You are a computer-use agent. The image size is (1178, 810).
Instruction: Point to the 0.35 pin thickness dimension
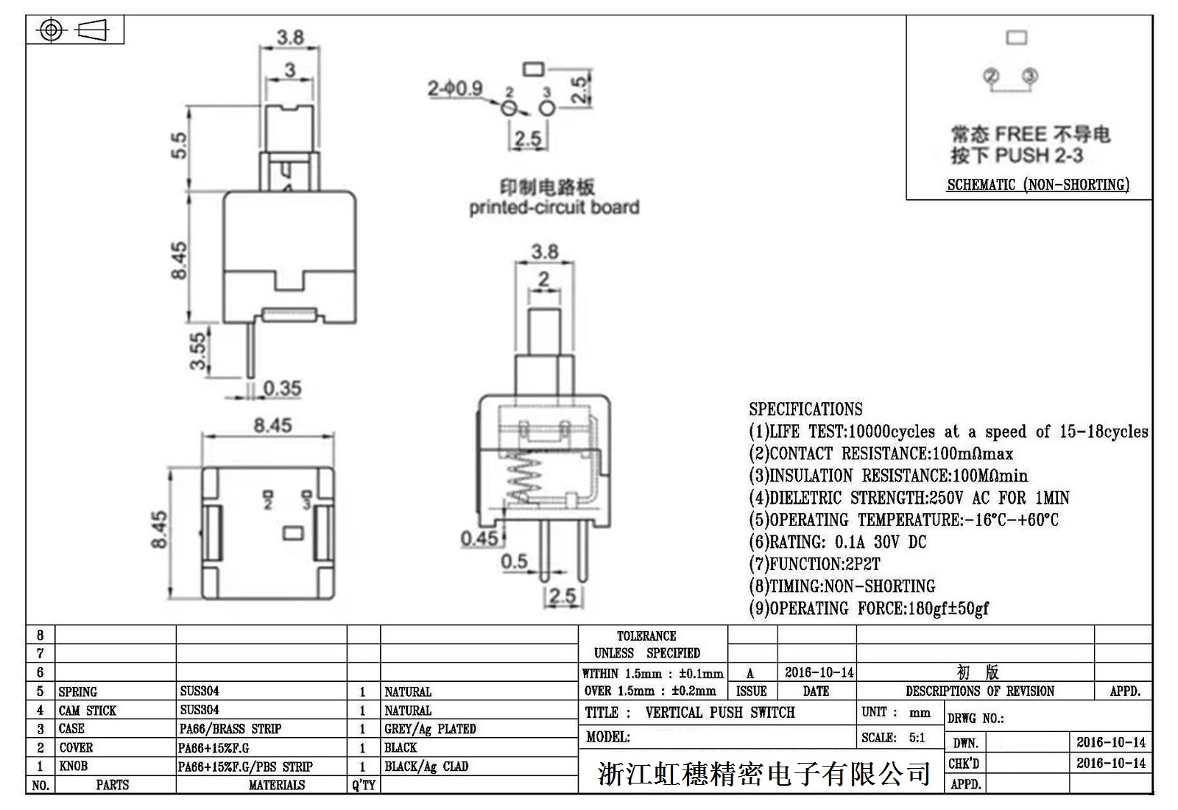click(x=283, y=388)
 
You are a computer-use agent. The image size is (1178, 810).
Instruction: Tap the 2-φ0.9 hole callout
click(x=455, y=89)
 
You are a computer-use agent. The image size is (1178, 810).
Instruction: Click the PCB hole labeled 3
click(x=546, y=109)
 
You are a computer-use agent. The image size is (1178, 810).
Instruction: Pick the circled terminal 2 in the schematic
click(x=991, y=76)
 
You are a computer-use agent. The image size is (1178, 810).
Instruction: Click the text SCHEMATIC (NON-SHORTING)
click(x=1038, y=185)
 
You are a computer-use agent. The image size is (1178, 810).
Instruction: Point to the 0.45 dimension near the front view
click(x=479, y=538)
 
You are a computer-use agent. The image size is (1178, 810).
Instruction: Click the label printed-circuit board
click(x=554, y=208)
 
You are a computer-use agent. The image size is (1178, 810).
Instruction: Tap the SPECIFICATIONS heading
click(x=805, y=409)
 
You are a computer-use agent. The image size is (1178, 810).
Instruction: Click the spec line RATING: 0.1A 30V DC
click(x=838, y=542)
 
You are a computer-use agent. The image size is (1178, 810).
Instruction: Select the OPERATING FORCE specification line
click(x=869, y=608)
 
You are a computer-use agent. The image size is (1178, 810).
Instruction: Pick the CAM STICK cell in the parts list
click(x=88, y=711)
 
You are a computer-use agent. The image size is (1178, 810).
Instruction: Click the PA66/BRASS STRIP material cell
click(x=230, y=729)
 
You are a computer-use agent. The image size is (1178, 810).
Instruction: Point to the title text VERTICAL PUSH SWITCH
click(x=720, y=712)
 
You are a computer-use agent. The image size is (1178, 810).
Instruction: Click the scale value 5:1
click(x=917, y=737)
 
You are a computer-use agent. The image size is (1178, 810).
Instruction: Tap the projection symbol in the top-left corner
click(x=75, y=30)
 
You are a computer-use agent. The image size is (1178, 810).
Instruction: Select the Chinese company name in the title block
click(x=764, y=774)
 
